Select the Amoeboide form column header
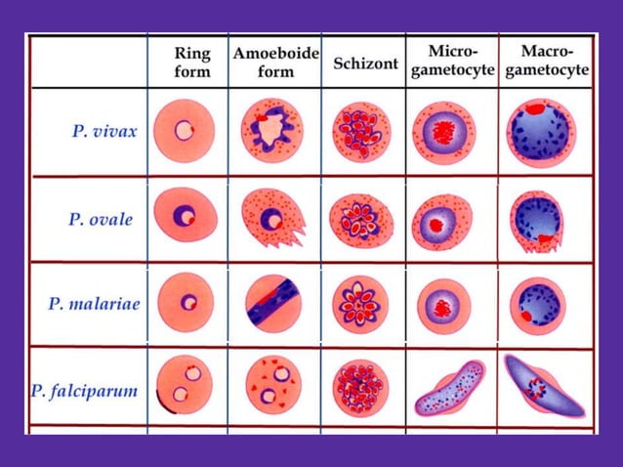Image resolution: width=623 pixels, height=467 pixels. [275, 62]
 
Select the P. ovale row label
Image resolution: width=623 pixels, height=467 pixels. [101, 219]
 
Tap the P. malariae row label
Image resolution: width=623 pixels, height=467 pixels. [94, 303]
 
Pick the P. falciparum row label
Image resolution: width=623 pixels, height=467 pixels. [84, 392]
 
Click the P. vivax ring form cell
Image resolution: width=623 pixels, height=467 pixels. [184, 130]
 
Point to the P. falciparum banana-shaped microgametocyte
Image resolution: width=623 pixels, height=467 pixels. [449, 389]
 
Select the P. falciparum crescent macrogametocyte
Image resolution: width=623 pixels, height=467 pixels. [545, 386]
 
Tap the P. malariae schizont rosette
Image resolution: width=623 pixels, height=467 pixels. [360, 302]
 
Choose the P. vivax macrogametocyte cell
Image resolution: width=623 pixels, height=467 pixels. [540, 133]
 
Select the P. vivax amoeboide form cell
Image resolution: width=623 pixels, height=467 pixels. [271, 130]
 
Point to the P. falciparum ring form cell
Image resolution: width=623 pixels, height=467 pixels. [185, 384]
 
